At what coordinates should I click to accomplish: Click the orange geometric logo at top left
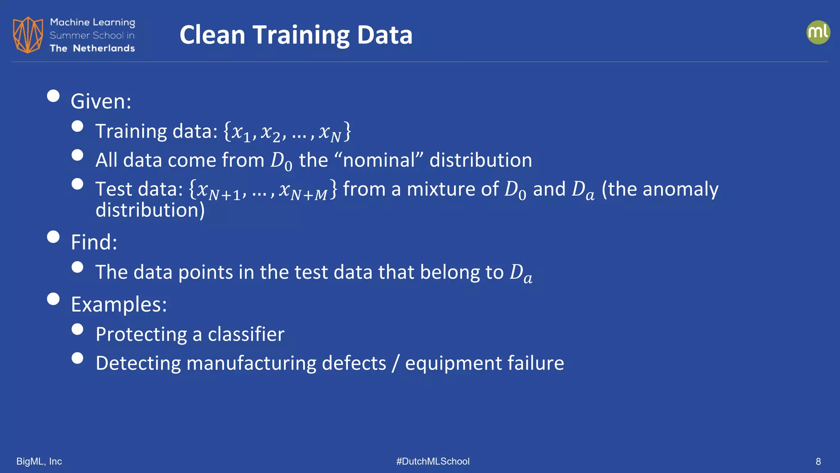[x=28, y=35]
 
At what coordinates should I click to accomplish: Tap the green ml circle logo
[x=818, y=32]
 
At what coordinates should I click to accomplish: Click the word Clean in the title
[x=212, y=35]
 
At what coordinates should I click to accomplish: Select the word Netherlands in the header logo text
[x=104, y=48]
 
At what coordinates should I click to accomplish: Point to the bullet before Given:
[x=53, y=96]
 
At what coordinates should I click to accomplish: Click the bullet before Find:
[x=53, y=237]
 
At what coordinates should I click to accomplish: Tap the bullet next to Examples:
[x=53, y=299]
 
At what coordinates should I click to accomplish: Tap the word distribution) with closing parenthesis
[x=150, y=210]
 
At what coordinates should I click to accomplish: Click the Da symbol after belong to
[x=520, y=273]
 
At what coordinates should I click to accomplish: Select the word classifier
[x=246, y=334]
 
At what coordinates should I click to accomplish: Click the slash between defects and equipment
[x=395, y=363]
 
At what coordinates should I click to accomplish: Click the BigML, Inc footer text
[x=39, y=462]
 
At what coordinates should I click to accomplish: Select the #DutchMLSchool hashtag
[x=433, y=462]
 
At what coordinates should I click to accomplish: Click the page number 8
[x=818, y=462]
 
